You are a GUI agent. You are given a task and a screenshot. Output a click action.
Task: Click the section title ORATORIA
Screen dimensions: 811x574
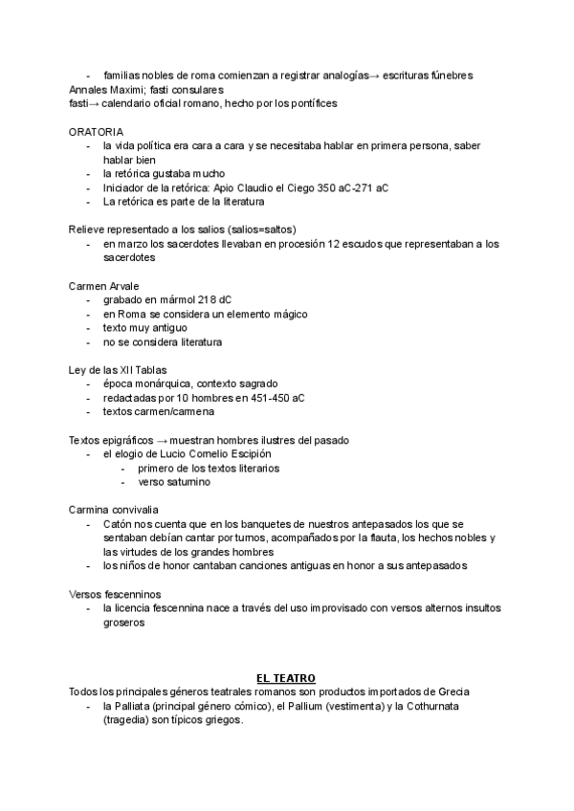tap(96, 130)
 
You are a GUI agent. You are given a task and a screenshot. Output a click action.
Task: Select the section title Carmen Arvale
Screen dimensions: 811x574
tap(103, 285)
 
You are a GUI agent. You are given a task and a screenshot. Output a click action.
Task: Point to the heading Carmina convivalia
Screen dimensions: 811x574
tap(114, 510)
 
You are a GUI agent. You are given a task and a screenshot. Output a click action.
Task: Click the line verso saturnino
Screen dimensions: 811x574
tap(175, 482)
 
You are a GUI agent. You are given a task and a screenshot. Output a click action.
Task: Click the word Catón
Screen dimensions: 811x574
tap(120, 524)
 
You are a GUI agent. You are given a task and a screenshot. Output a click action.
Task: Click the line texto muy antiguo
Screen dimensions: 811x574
tap(145, 327)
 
